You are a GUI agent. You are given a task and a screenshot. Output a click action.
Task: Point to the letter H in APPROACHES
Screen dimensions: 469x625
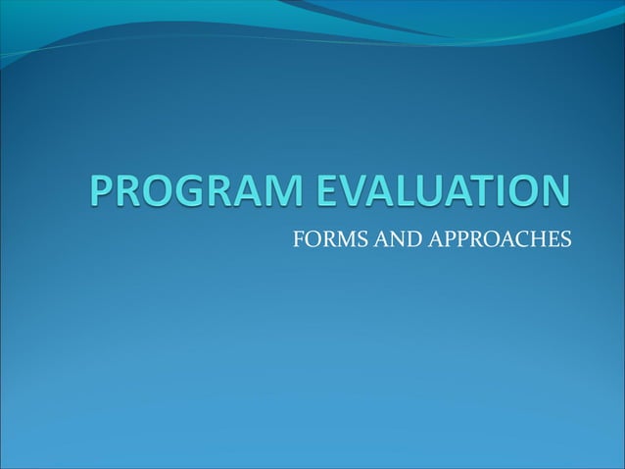coord(532,238)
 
